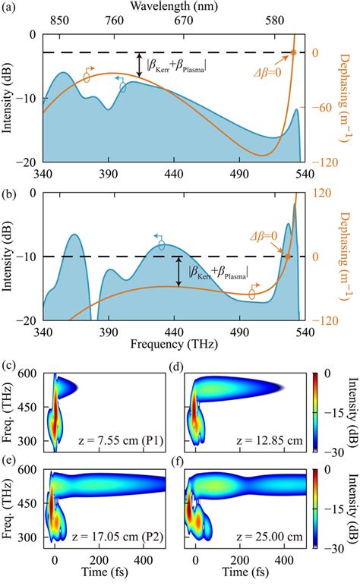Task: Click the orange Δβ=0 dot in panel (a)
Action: click(x=294, y=52)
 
